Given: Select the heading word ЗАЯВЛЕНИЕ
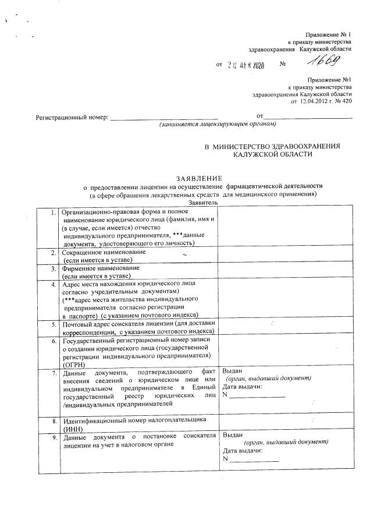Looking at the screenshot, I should click(199, 178).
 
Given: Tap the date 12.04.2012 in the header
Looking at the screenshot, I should click(316, 100).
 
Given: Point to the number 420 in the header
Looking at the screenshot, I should click(347, 100).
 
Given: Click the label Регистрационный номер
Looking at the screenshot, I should click(72, 118).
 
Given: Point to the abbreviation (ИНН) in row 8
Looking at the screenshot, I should click(74, 428).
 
